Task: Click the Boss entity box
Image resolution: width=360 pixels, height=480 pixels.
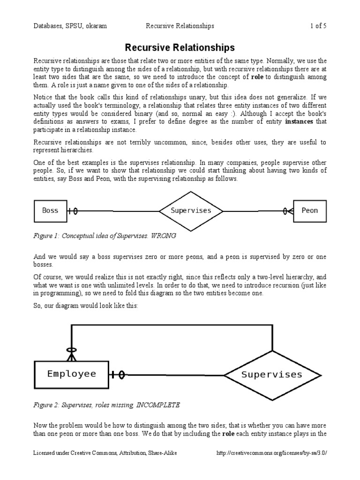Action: [x=50, y=211]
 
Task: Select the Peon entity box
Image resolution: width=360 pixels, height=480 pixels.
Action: [x=309, y=211]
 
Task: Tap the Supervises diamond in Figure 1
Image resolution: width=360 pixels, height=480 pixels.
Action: [x=191, y=211]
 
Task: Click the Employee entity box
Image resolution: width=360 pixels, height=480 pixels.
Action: [x=72, y=374]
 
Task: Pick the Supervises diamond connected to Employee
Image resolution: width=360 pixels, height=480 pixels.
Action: [x=271, y=375]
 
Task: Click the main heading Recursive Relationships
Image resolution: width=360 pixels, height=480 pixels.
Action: [x=180, y=48]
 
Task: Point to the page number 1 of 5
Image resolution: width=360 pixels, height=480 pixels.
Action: [x=318, y=26]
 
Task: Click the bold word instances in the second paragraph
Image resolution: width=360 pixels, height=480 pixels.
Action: [x=300, y=122]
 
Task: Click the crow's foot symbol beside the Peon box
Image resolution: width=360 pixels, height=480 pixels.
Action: [x=287, y=211]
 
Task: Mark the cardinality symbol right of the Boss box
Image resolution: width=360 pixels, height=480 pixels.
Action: [x=73, y=211]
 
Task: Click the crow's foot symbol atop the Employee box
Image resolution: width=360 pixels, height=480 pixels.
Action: [x=71, y=354]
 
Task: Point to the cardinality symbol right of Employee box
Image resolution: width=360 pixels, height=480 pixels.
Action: [x=118, y=375]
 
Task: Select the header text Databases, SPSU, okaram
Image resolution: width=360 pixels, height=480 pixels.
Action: [x=70, y=26]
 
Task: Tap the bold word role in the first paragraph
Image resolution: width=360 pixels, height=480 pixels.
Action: [x=257, y=77]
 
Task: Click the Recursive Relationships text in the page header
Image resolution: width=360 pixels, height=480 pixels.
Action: [x=180, y=26]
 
